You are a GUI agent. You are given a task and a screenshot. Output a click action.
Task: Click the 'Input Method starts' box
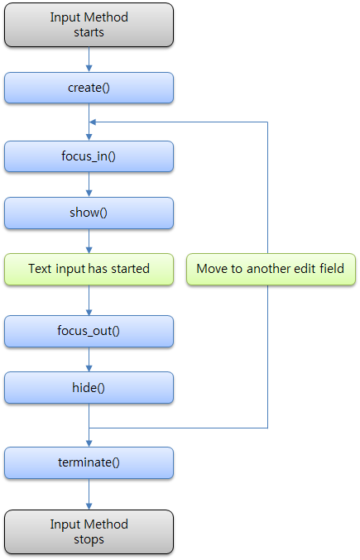tap(89, 24)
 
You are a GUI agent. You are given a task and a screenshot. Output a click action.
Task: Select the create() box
tap(89, 88)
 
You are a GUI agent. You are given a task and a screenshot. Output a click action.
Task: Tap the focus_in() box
tap(89, 156)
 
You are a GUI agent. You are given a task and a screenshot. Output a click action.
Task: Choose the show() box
tap(89, 213)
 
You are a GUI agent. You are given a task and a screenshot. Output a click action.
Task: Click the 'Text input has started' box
tap(89, 269)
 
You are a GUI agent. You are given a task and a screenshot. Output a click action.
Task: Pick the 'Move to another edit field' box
tap(271, 269)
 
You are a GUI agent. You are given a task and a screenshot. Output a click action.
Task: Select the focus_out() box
tap(89, 331)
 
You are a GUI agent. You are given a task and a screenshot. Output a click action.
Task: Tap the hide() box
tap(89, 387)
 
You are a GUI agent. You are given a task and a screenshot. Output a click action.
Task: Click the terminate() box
tap(89, 462)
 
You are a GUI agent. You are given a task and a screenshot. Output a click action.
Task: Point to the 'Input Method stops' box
tap(89, 532)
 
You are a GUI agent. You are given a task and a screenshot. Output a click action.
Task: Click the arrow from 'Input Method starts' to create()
tap(89, 59)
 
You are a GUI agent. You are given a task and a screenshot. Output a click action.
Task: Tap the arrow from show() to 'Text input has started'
tap(89, 241)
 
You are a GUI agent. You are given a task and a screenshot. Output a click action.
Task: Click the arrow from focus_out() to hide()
tap(89, 359)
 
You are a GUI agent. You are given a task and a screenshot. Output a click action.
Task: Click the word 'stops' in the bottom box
tap(89, 539)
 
